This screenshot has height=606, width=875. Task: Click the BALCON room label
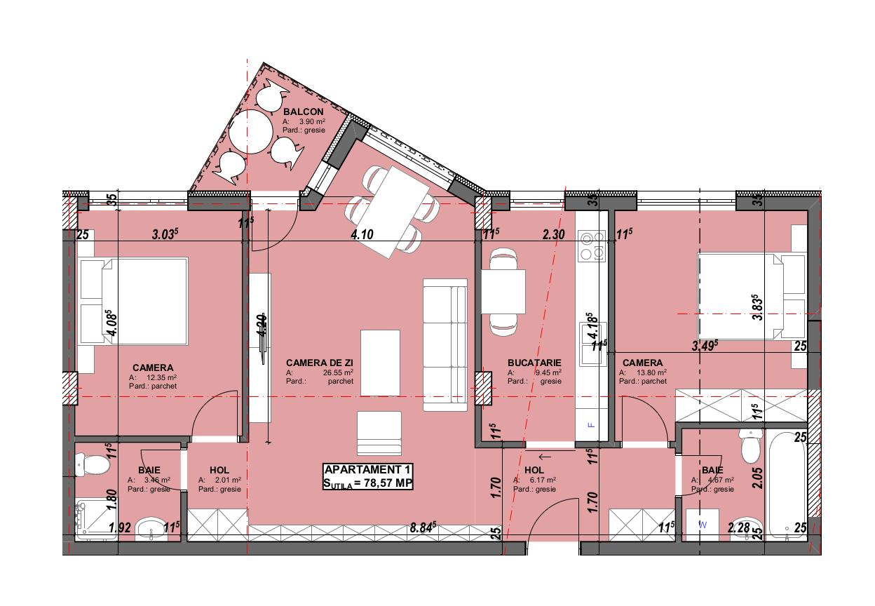pos(303,112)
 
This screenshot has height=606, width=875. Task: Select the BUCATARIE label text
pos(534,363)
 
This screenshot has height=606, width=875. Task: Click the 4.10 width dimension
pos(362,236)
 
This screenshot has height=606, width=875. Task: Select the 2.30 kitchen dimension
pos(553,236)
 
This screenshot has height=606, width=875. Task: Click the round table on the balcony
pos(250,131)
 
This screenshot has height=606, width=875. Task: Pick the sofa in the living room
pos(445,344)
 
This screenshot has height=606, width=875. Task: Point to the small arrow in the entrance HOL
pos(545,457)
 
